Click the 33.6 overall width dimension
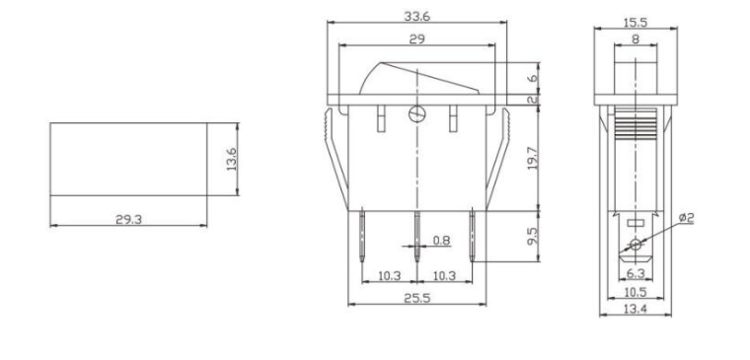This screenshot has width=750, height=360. click(415, 16)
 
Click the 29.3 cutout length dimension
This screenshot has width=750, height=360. click(127, 219)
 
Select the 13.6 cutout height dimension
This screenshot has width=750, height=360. click(232, 158)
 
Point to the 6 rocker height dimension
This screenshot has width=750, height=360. click(533, 78)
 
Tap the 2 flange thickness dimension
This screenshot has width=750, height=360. click(533, 99)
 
